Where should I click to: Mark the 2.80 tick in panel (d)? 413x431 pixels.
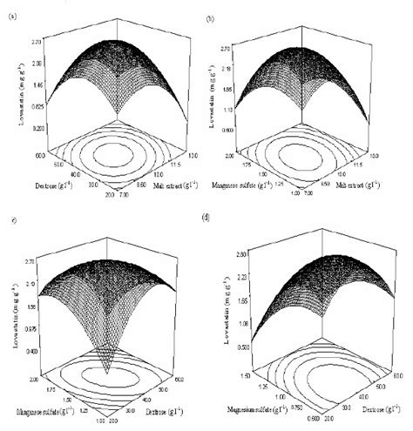pos(247,252)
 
